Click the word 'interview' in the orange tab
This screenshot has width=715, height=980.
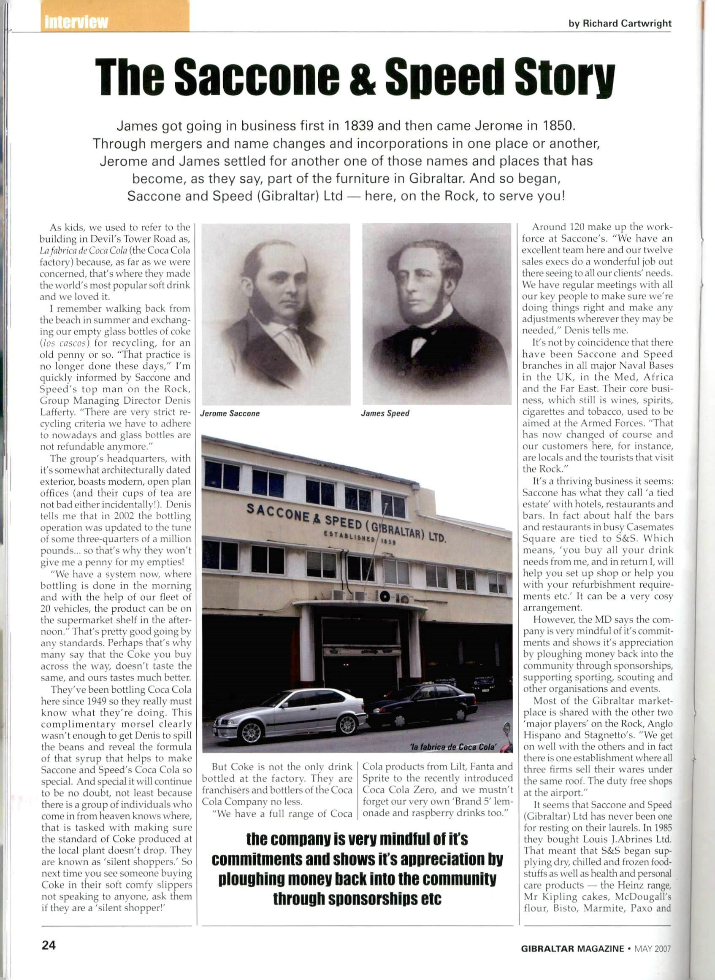(x=76, y=22)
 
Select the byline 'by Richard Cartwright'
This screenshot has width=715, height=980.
(x=620, y=24)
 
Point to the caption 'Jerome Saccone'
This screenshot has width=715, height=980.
(x=230, y=413)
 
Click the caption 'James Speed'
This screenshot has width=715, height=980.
(x=385, y=413)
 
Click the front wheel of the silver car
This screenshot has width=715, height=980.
(x=252, y=732)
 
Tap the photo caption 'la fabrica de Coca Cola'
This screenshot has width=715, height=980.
(x=452, y=747)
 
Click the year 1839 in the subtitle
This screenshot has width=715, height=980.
(x=358, y=126)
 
